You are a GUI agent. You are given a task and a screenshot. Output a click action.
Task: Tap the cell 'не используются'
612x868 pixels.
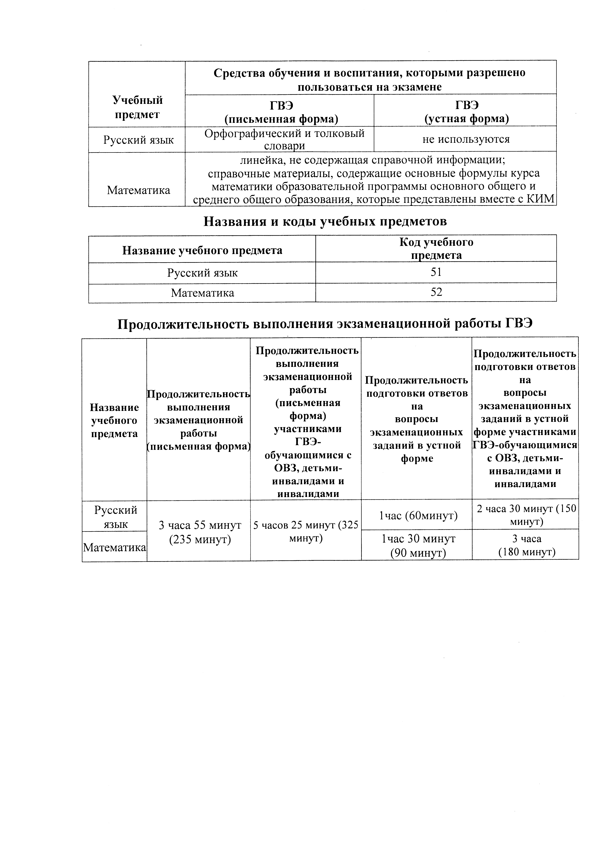pyautogui.click(x=466, y=139)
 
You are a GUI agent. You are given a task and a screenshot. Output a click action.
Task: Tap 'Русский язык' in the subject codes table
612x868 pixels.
pyautogui.click(x=202, y=273)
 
